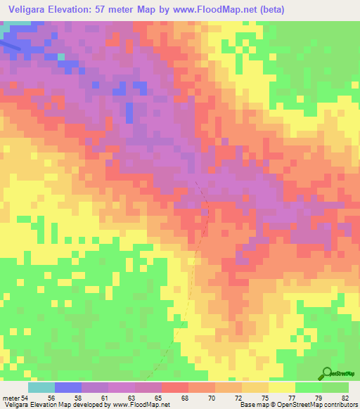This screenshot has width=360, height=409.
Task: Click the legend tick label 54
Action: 26,398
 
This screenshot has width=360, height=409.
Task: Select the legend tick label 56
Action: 69,398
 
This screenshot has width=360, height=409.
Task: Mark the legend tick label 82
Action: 345,398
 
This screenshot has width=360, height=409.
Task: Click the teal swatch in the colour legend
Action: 41,387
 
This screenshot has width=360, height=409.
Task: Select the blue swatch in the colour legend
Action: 68,387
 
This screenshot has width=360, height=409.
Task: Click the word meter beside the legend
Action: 11,398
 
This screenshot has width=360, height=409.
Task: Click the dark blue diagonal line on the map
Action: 8,44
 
